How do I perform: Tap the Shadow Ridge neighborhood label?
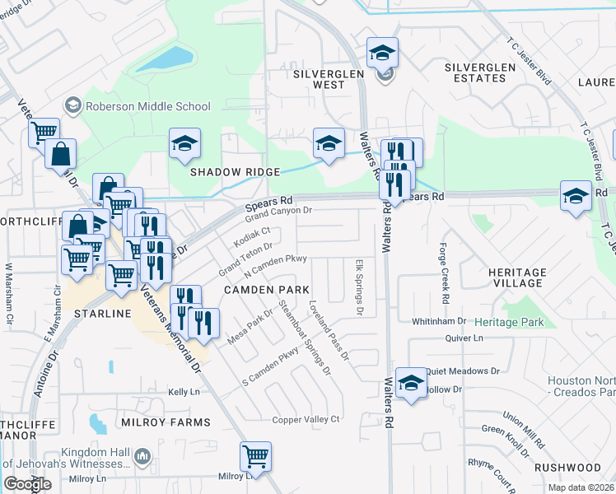pyautogui.click(x=236, y=172)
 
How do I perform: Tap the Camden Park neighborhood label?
pyautogui.click(x=266, y=290)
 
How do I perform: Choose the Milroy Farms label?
pyautogui.click(x=166, y=422)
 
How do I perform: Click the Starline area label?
pyautogui.click(x=103, y=315)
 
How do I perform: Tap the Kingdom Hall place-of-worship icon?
pyautogui.click(x=142, y=455)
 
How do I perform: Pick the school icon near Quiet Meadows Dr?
pyautogui.click(x=411, y=382)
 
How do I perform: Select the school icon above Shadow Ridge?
pyautogui.click(x=185, y=142)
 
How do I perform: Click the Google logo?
pyautogui.click(x=27, y=484)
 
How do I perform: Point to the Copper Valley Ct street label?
pyautogui.click(x=306, y=420)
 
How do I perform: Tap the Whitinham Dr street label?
pyautogui.click(x=439, y=321)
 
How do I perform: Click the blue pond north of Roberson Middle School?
pyautogui.click(x=165, y=58)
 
